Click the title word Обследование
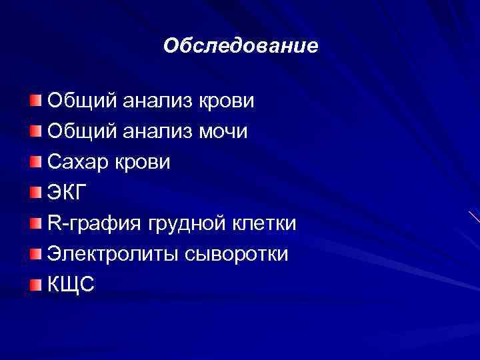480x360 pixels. click(x=241, y=47)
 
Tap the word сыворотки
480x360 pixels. click(x=233, y=254)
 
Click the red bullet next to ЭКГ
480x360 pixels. click(x=35, y=193)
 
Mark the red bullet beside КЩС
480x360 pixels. click(x=35, y=285)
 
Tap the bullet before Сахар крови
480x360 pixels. click(x=35, y=162)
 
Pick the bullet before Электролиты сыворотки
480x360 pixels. click(x=35, y=254)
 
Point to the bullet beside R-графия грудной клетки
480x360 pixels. click(x=35, y=223)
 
